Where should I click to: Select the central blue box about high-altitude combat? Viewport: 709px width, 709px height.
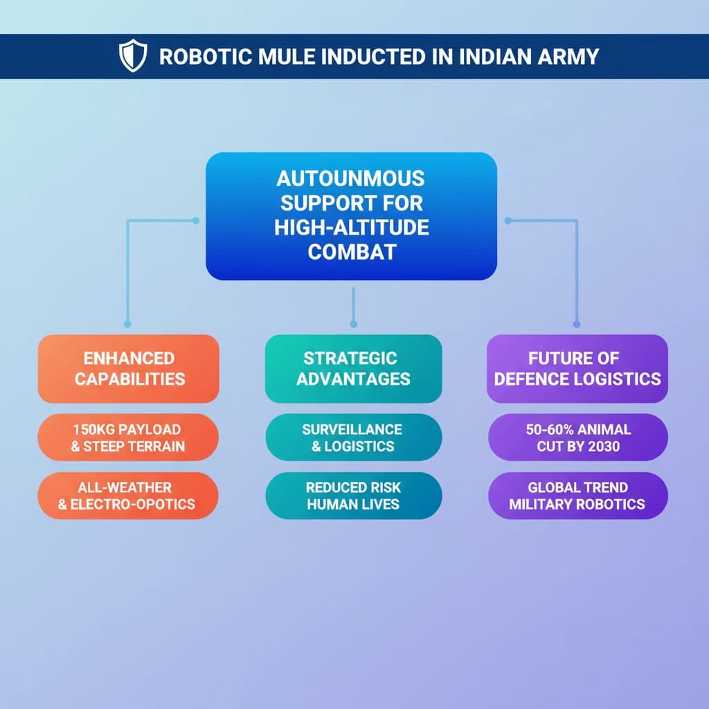pyautogui.click(x=351, y=216)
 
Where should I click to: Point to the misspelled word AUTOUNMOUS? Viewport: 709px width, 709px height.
pyautogui.click(x=350, y=179)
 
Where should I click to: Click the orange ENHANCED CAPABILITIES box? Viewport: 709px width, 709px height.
pyautogui.click(x=129, y=368)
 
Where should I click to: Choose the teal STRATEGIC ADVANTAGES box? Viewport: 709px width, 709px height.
pyautogui.click(x=353, y=368)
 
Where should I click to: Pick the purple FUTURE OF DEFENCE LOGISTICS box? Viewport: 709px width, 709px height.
pyautogui.click(x=577, y=368)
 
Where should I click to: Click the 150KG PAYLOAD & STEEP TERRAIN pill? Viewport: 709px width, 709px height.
pyautogui.click(x=129, y=437)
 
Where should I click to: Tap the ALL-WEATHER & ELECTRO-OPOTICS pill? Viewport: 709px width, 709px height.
pyautogui.click(x=129, y=496)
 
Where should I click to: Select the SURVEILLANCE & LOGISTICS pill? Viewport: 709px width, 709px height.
pyautogui.click(x=353, y=437)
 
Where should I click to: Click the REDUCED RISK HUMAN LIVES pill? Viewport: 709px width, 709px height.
pyautogui.click(x=353, y=496)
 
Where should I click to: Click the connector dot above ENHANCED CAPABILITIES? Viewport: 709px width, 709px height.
pyautogui.click(x=127, y=323)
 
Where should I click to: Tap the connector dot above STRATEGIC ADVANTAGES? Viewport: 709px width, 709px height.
pyautogui.click(x=353, y=323)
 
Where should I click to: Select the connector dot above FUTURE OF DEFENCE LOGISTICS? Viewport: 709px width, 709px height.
pyautogui.click(x=576, y=323)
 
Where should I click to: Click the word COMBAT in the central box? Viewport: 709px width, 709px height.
pyautogui.click(x=350, y=251)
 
